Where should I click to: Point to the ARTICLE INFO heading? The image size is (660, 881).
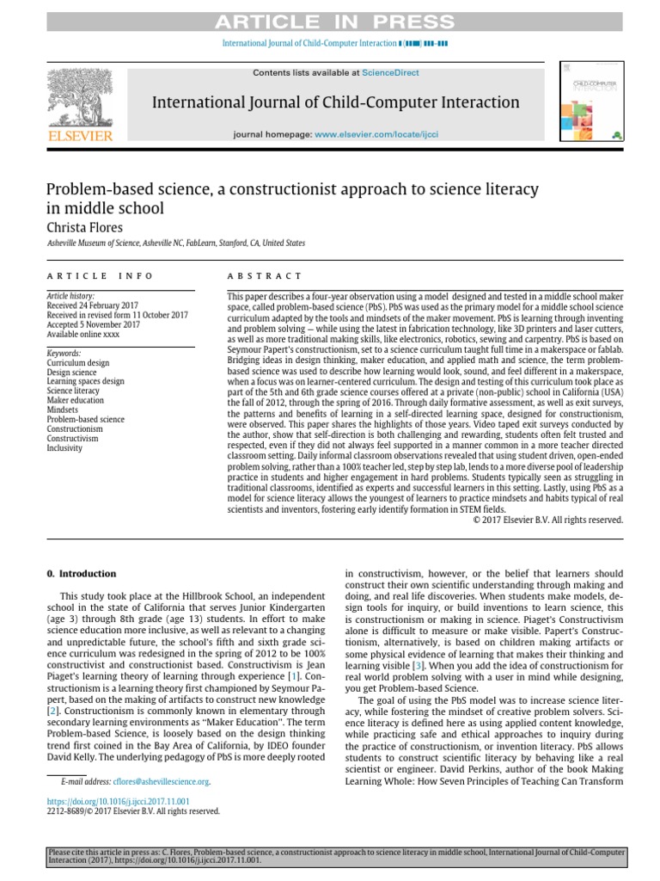click(100, 276)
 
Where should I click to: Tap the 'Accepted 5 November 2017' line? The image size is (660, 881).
click(94, 323)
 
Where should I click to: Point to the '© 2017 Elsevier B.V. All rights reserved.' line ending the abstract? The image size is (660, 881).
click(547, 520)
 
